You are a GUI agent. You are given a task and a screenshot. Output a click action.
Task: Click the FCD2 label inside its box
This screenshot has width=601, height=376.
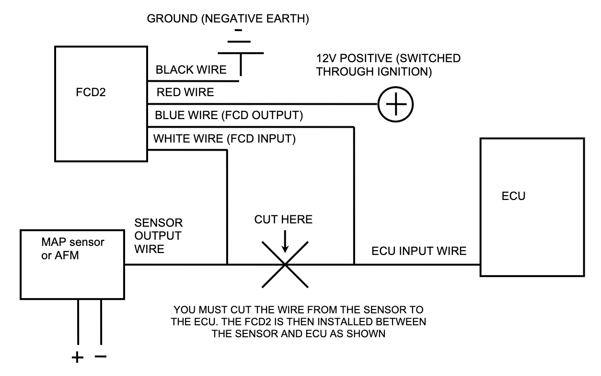[90, 92]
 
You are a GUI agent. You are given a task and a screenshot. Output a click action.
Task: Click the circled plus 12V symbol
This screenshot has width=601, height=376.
[395, 104]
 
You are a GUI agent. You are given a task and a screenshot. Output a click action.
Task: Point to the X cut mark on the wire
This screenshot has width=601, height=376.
[285, 264]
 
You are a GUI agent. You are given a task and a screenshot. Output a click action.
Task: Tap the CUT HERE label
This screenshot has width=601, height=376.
[283, 220]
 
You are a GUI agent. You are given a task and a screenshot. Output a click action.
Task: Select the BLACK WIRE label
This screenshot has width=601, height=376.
[191, 70]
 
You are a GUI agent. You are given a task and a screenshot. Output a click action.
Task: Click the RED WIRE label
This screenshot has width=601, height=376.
[185, 92]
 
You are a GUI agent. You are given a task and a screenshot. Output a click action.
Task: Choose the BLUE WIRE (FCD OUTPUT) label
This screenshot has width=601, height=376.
[229, 115]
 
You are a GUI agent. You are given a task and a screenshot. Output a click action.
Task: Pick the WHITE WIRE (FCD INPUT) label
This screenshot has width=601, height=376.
[224, 139]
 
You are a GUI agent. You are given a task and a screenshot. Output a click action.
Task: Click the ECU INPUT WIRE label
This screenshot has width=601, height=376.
[419, 251]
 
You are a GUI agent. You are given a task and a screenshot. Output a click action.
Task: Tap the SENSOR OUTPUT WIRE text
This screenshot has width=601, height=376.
[158, 236]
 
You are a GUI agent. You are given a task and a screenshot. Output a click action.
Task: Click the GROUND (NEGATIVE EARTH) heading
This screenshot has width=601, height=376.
[228, 19]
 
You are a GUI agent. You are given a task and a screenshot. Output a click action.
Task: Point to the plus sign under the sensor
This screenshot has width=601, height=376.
[77, 357]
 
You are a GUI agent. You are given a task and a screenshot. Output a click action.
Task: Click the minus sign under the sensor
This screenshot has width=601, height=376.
[101, 356]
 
